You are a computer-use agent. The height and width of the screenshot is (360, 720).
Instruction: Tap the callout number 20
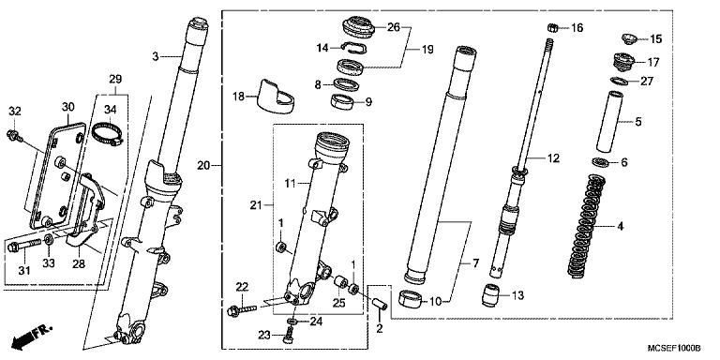pyautogui.click(x=203, y=166)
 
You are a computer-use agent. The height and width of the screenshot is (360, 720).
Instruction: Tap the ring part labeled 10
pyautogui.click(x=410, y=300)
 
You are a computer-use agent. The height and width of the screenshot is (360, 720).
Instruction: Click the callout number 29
pyautogui.click(x=114, y=77)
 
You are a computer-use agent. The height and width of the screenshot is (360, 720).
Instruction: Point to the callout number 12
pyautogui.click(x=554, y=158)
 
